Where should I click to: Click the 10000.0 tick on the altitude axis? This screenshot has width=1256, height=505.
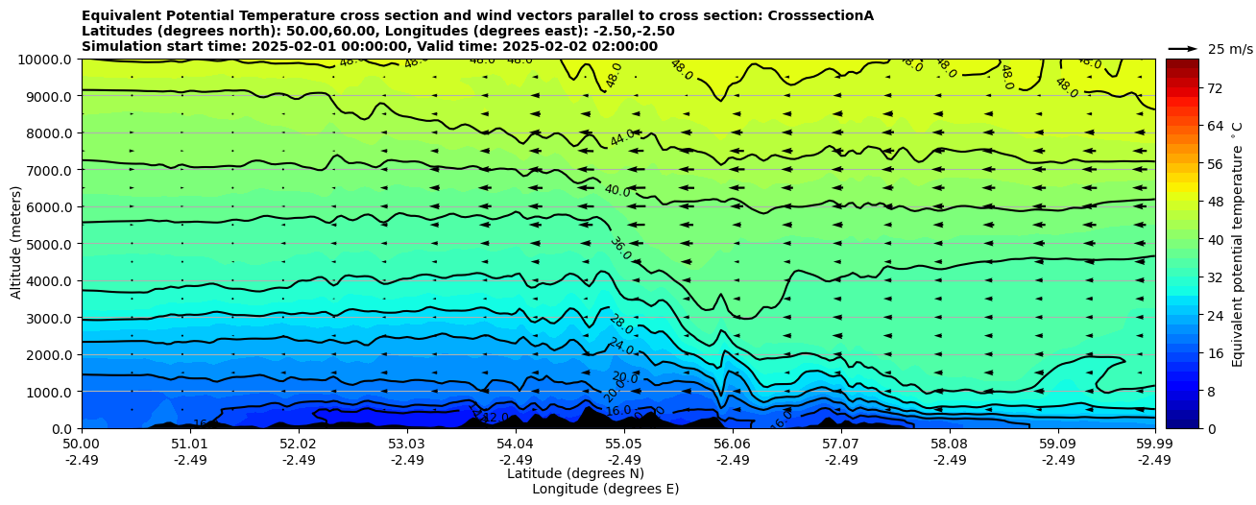pyautogui.click(x=45, y=60)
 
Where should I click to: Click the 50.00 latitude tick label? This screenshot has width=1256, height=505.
pyautogui.click(x=82, y=445)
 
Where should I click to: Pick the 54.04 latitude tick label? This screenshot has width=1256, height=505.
pyautogui.click(x=516, y=445)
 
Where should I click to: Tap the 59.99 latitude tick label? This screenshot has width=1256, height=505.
pyautogui.click(x=1154, y=445)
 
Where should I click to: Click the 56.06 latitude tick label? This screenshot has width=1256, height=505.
pyautogui.click(x=733, y=445)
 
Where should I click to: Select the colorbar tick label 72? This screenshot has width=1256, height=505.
pyautogui.click(x=1214, y=88)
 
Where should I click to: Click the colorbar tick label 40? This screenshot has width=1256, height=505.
pyautogui.click(x=1214, y=239)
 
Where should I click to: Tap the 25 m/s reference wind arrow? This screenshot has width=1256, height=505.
pyautogui.click(x=1183, y=48)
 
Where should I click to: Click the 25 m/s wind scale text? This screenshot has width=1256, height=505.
pyautogui.click(x=1230, y=49)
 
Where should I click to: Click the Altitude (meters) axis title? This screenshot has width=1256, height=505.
pyautogui.click(x=16, y=244)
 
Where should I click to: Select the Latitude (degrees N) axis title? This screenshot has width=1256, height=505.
pyautogui.click(x=575, y=473)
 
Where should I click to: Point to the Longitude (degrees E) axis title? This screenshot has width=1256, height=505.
pyautogui.click(x=605, y=489)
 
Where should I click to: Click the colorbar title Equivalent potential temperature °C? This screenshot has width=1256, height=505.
pyautogui.click(x=1238, y=244)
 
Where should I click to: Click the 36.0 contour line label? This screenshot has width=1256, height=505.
pyautogui.click(x=620, y=249)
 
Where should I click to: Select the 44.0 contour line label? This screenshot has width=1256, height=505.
pyautogui.click(x=622, y=137)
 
